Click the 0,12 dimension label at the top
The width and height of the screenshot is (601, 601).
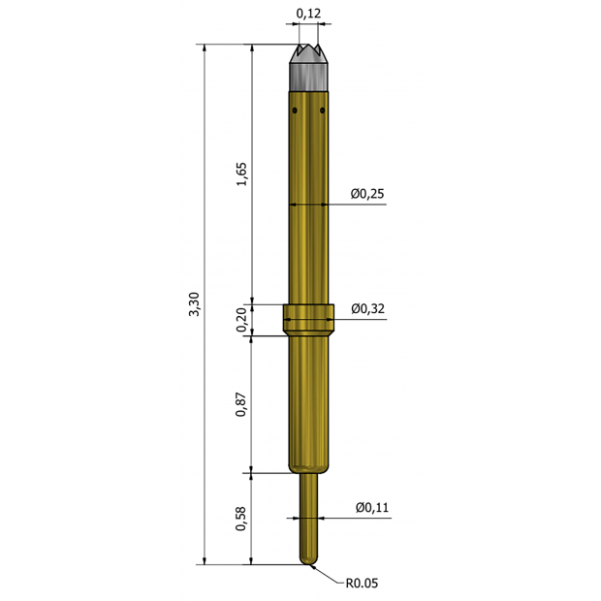coord(309,14)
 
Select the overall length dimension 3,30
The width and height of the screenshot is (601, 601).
coord(193,303)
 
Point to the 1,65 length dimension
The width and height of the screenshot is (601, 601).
coord(242,174)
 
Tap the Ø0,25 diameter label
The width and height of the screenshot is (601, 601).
coord(367,194)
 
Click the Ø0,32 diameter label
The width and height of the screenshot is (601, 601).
coord(367,308)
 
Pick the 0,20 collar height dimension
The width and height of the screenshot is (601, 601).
coord(242,320)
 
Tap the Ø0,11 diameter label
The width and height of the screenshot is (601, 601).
coord(372,507)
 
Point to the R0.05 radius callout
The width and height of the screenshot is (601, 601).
coord(361,584)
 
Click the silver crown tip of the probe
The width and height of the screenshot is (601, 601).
coord(309,68)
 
